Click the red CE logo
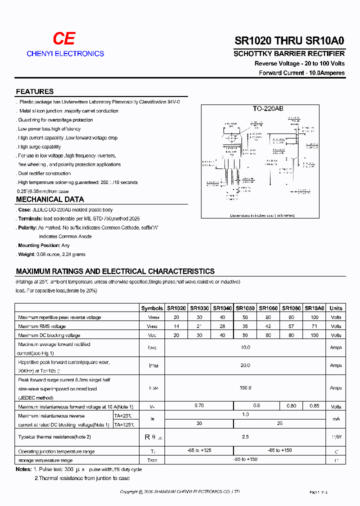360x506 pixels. [x=64, y=39]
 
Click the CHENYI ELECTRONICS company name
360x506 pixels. [x=65, y=53]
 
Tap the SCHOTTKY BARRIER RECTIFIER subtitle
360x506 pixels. [x=289, y=53]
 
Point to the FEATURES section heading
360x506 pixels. [x=34, y=91]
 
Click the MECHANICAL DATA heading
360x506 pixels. [x=46, y=199]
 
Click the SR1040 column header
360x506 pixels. [x=222, y=308]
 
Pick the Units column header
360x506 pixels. [x=336, y=308]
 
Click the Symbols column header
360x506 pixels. [x=152, y=308]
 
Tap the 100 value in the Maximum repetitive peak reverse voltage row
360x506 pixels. [x=314, y=317]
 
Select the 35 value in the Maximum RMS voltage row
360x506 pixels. [x=245, y=326]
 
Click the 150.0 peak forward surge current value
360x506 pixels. [x=245, y=387]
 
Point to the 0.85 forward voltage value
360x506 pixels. [x=314, y=406]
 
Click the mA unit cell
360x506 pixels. [x=336, y=419]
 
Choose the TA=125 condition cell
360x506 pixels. [x=124, y=424]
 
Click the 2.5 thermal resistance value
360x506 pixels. [x=245, y=437]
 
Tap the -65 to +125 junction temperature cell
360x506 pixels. [x=199, y=451]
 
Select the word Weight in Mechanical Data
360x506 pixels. [x=26, y=254]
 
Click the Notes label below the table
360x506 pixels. [x=23, y=469]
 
